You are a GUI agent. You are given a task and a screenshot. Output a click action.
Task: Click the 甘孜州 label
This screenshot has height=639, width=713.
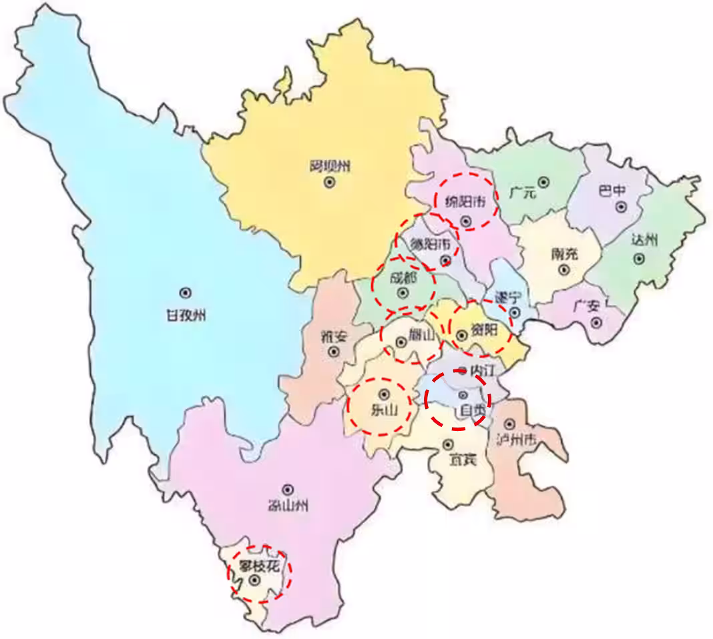point(186,315)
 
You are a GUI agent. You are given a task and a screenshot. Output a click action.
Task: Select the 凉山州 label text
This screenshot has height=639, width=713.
point(288,506)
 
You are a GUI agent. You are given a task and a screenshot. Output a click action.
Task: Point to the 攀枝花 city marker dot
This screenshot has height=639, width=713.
point(254,581)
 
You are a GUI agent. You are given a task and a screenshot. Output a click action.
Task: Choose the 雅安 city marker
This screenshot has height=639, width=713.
point(334,351)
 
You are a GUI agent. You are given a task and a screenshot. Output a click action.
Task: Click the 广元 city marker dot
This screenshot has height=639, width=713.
point(544,181)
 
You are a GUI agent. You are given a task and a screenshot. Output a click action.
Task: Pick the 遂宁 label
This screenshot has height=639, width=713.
point(507,297)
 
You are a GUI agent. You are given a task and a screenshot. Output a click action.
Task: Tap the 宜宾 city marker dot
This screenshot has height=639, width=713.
point(448,444)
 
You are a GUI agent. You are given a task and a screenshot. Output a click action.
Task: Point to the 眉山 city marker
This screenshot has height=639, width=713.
point(401,343)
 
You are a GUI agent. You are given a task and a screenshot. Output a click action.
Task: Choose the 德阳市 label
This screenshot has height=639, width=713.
point(433,243)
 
